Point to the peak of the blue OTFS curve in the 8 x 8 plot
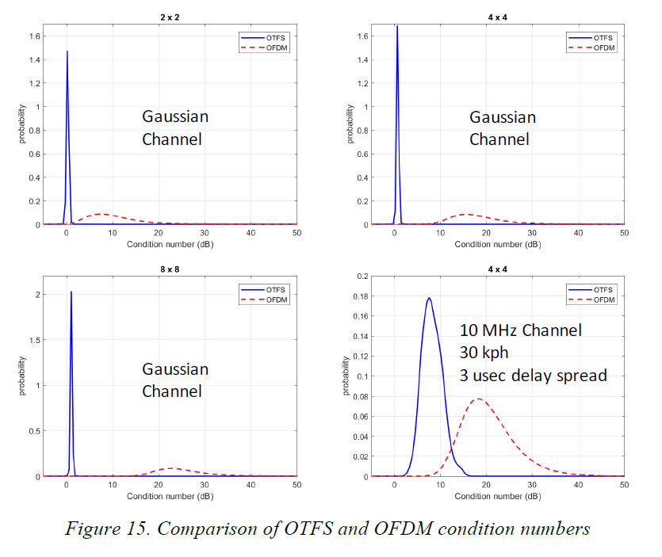click(x=71, y=292)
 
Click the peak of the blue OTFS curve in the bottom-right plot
click(x=429, y=298)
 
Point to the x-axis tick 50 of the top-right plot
click(x=624, y=235)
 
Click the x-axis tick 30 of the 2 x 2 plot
click(x=205, y=235)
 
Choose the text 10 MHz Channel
click(x=521, y=330)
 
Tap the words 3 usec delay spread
click(x=534, y=375)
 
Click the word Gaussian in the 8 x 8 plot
click(x=175, y=369)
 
